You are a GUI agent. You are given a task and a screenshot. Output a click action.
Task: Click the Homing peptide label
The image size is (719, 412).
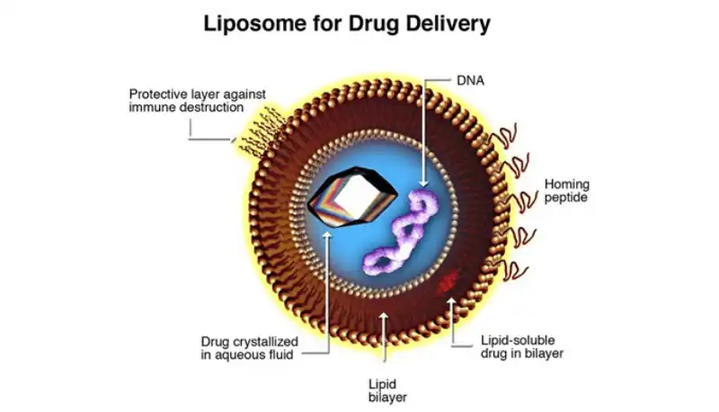tap(566, 190)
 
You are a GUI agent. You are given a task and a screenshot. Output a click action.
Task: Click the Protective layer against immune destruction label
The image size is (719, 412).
tap(186, 100)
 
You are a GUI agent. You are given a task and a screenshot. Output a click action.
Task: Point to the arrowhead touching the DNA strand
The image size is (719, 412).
tap(422, 187)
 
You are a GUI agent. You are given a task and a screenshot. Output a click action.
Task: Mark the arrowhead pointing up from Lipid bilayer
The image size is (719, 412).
tap(386, 317)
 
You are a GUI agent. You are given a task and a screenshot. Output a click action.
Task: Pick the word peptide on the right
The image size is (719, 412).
tap(566, 197)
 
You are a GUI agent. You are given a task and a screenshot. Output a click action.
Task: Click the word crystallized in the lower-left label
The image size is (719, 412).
tap(263, 341)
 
